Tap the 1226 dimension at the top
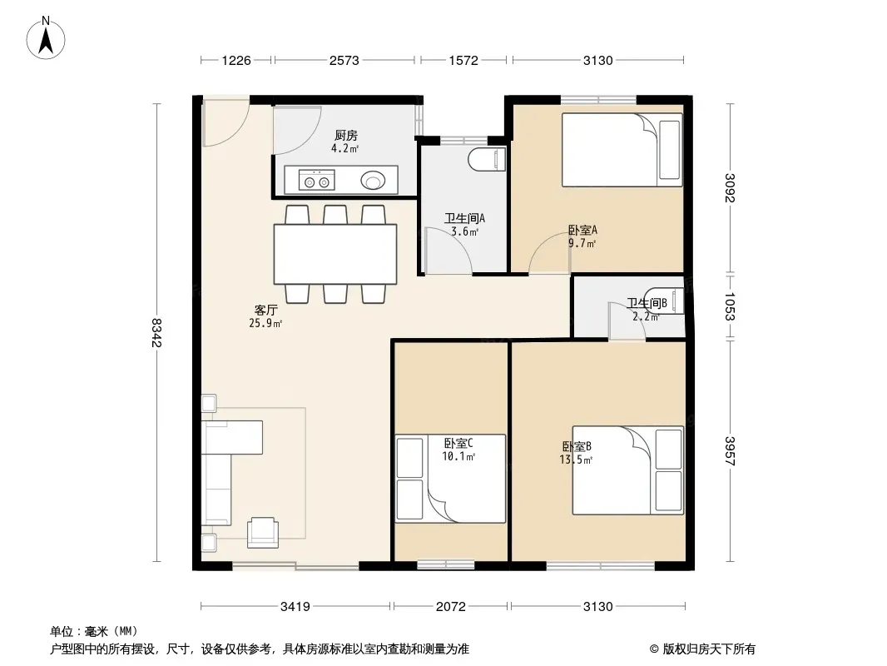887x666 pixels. (235, 61)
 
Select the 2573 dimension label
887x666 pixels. (344, 61)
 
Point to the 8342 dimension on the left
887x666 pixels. (156, 333)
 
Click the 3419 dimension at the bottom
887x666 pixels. (295, 607)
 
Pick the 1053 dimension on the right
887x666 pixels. (730, 306)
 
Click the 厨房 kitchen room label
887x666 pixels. (345, 135)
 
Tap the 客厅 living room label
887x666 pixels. (266, 310)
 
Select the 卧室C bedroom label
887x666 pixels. (458, 443)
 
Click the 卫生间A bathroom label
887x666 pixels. (464, 218)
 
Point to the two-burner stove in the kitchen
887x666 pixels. (317, 180)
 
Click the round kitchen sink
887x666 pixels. (373, 181)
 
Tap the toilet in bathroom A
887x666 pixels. (487, 159)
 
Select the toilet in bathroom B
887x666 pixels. (665, 301)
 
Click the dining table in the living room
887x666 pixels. (334, 254)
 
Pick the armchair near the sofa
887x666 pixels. (263, 533)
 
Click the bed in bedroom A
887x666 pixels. (622, 150)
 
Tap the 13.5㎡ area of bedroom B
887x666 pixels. (576, 460)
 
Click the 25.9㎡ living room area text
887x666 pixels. (265, 323)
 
